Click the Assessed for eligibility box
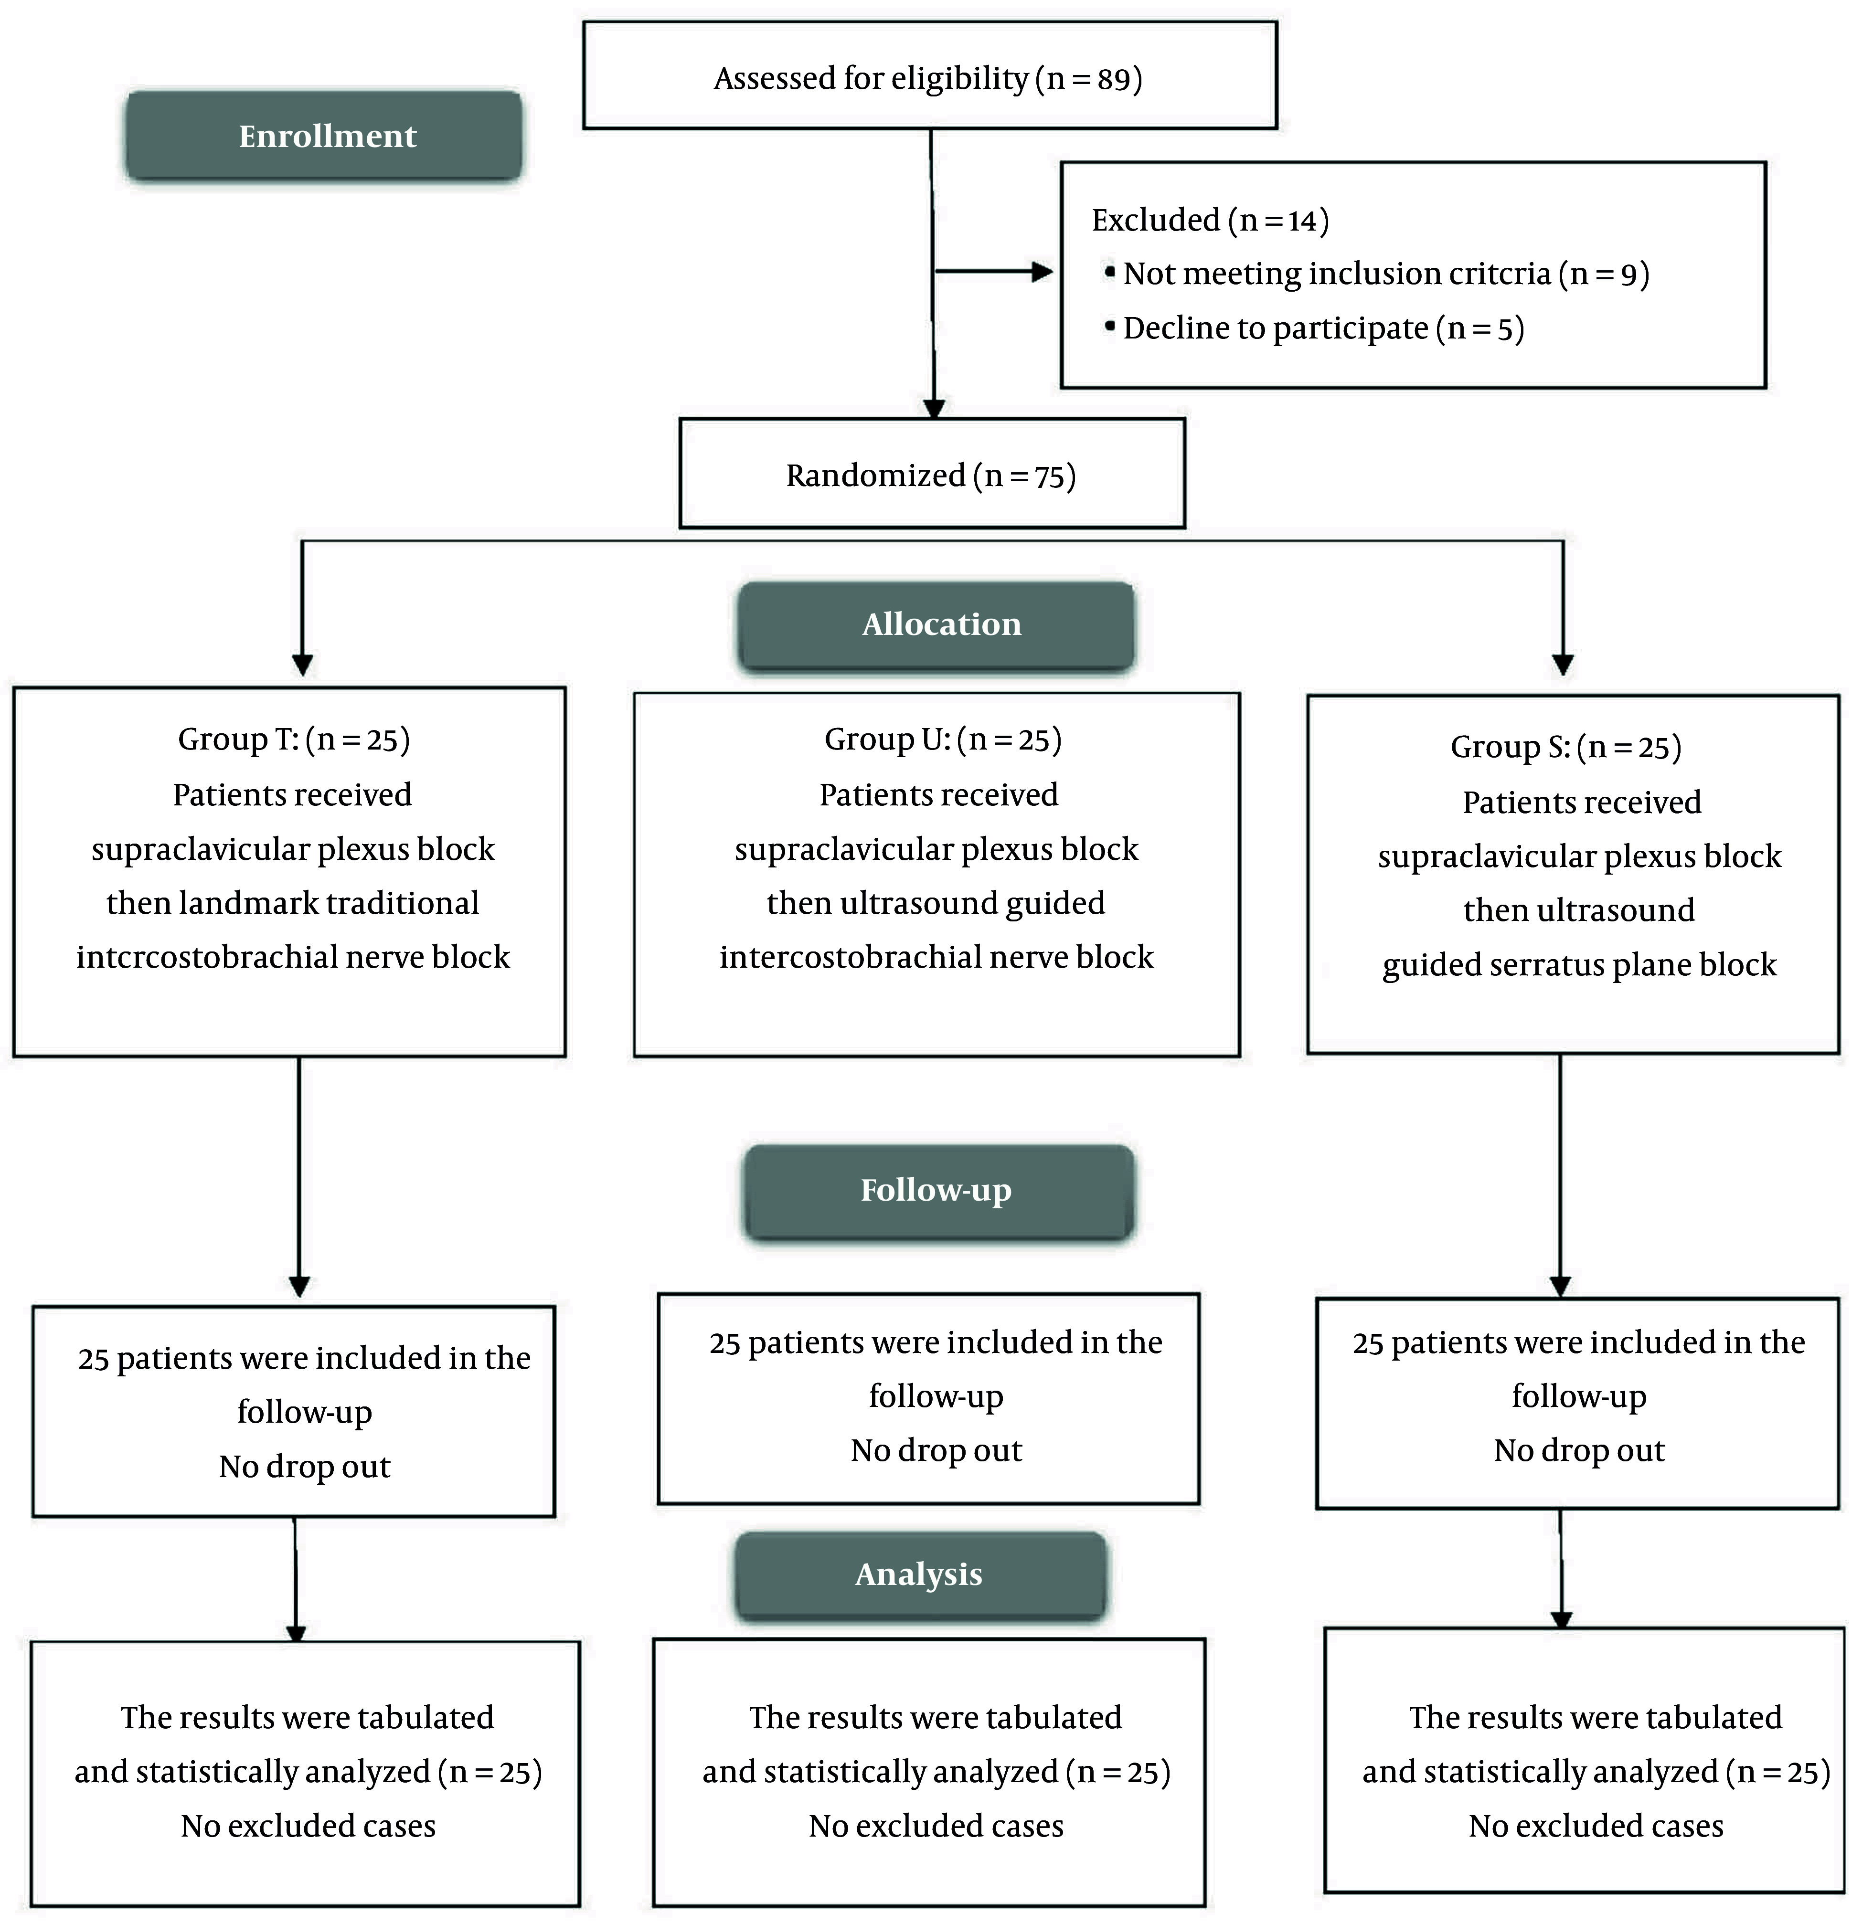tap(930, 76)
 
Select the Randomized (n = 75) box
tap(932, 474)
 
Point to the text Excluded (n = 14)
tap(1210, 221)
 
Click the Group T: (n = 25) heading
tap(293, 740)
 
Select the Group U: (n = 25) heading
tap(942, 740)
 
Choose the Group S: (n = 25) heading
tap(1566, 748)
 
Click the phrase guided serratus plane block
tap(1579, 965)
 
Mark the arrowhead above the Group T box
tap(303, 665)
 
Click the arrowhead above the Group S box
tap(1563, 665)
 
